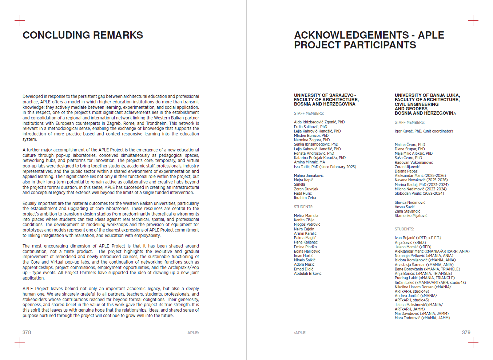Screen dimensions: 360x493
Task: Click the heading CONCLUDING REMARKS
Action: (83, 35)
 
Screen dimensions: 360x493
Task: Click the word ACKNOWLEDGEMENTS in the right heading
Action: (351, 35)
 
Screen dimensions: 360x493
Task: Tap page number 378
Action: (27, 332)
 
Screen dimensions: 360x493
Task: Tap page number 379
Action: (466, 332)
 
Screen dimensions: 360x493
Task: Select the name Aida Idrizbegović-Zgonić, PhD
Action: (319, 122)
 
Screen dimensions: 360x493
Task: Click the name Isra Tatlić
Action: (302, 167)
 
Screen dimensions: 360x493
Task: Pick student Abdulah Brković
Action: (307, 274)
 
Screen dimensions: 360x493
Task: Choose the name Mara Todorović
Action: (407, 318)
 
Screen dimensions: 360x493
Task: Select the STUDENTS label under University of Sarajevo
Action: (303, 207)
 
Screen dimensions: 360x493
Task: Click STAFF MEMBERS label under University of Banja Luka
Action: (409, 123)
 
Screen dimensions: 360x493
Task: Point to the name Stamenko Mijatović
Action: (411, 216)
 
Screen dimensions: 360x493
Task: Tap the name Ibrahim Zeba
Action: (305, 198)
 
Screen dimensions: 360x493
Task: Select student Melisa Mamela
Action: (306, 216)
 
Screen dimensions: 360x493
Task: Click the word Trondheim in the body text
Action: (156, 123)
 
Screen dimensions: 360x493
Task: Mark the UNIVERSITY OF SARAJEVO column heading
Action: (325, 95)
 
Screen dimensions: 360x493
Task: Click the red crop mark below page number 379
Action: (473, 343)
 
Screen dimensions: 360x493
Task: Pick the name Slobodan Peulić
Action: (409, 194)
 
